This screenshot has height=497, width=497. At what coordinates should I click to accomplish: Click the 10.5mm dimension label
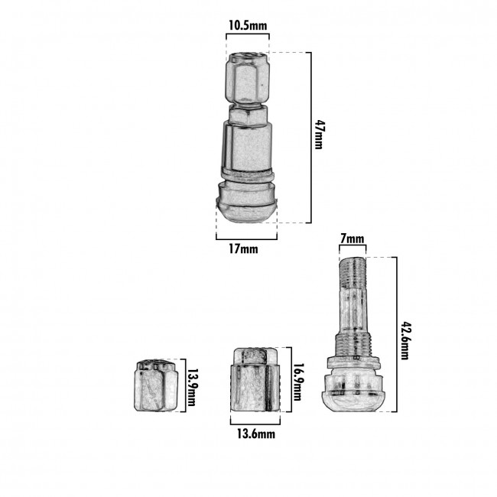click(x=248, y=25)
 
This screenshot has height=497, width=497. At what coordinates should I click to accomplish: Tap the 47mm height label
click(x=319, y=135)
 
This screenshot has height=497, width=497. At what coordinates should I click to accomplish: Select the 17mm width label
click(x=243, y=249)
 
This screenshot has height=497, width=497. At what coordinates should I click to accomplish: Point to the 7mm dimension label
click(x=352, y=239)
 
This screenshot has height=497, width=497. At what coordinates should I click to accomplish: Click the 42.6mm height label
click(x=405, y=340)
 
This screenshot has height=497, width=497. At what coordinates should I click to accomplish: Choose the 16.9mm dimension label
click(x=298, y=382)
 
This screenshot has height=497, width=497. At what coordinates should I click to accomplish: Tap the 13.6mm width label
click(x=256, y=434)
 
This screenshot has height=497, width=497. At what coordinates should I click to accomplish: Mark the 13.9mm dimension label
click(x=192, y=387)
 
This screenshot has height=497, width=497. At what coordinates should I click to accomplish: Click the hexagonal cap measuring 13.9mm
click(x=156, y=385)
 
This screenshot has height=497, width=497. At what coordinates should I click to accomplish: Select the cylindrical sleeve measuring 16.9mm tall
click(x=255, y=379)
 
